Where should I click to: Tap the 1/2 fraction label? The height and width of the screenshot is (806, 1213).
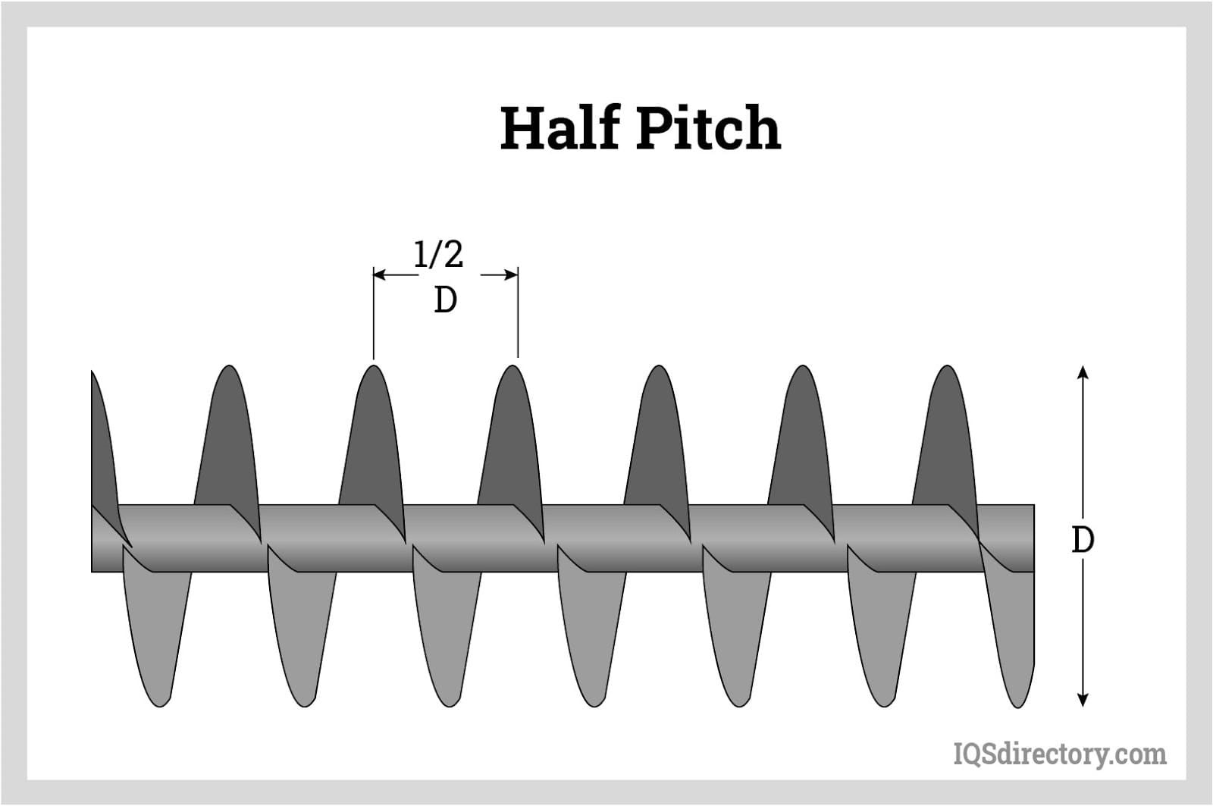[438, 255]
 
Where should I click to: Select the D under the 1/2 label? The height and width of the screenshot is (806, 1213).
[446, 301]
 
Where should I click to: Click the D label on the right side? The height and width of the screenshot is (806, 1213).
[1083, 540]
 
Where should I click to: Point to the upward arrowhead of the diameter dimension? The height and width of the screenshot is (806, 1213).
[1083, 372]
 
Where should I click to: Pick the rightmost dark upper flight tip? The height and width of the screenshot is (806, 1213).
[947, 372]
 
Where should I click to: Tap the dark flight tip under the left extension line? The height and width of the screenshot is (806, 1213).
[373, 372]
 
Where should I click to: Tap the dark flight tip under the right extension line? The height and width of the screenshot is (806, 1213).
[513, 372]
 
